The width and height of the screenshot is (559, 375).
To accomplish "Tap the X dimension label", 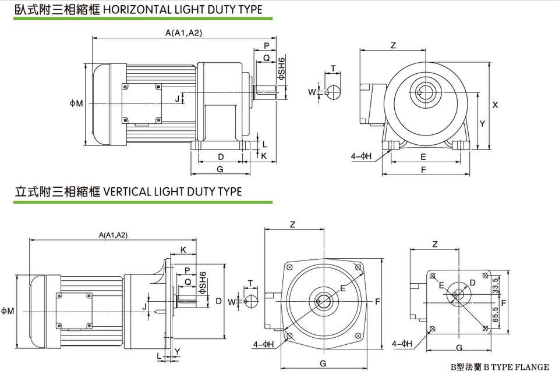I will tap(495, 105).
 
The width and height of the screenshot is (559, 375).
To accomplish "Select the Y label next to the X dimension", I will tap(482, 124).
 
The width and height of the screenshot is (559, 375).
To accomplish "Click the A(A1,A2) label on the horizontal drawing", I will tap(183, 33).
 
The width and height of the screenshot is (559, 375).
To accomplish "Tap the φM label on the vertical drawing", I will tap(8, 312).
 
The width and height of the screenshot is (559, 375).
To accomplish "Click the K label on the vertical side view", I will tap(183, 250).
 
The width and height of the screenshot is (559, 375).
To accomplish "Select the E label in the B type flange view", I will tap(442, 284).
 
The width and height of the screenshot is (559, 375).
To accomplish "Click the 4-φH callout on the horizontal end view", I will tap(362, 156).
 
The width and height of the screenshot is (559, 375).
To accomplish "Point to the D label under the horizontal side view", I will tap(221, 157).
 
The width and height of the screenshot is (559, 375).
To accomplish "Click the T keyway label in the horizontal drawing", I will tap(332, 69).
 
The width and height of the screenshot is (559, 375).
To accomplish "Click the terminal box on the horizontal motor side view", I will tap(141, 103).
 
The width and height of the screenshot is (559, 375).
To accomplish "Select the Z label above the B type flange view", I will tap(435, 245).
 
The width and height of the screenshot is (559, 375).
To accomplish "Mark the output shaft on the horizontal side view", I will tap(265, 92).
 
